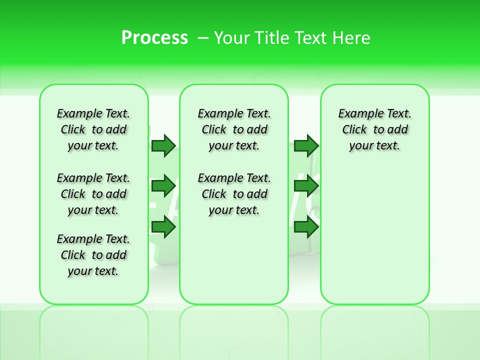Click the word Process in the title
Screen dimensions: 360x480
point(154,38)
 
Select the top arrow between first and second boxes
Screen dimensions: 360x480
point(163,145)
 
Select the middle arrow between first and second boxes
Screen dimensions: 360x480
point(163,186)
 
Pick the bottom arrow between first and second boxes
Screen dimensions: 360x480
point(163,227)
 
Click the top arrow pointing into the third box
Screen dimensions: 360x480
point(306,145)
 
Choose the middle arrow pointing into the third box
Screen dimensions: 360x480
point(306,186)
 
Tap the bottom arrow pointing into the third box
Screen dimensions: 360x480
point(306,227)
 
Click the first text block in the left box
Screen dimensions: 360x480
point(93,129)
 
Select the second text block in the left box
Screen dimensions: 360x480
point(93,194)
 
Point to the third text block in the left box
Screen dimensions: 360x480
point(93,255)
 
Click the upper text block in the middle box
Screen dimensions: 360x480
point(234,129)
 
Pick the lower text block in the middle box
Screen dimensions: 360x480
point(234,194)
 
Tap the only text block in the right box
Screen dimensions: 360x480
point(374,129)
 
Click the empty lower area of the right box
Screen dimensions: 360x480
point(374,240)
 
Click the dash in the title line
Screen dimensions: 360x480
point(203,38)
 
